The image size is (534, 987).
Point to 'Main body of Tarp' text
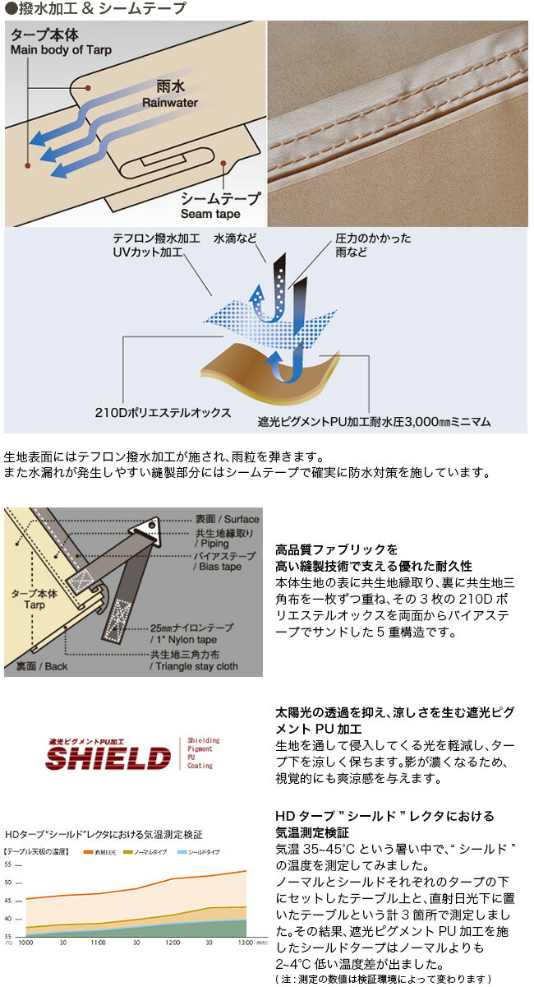[x=61, y=50]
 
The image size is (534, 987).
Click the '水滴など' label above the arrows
[x=237, y=239]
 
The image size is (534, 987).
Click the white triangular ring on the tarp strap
[x=150, y=526]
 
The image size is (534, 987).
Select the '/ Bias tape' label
[x=219, y=567]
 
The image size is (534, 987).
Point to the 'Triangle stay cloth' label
[x=194, y=666]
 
